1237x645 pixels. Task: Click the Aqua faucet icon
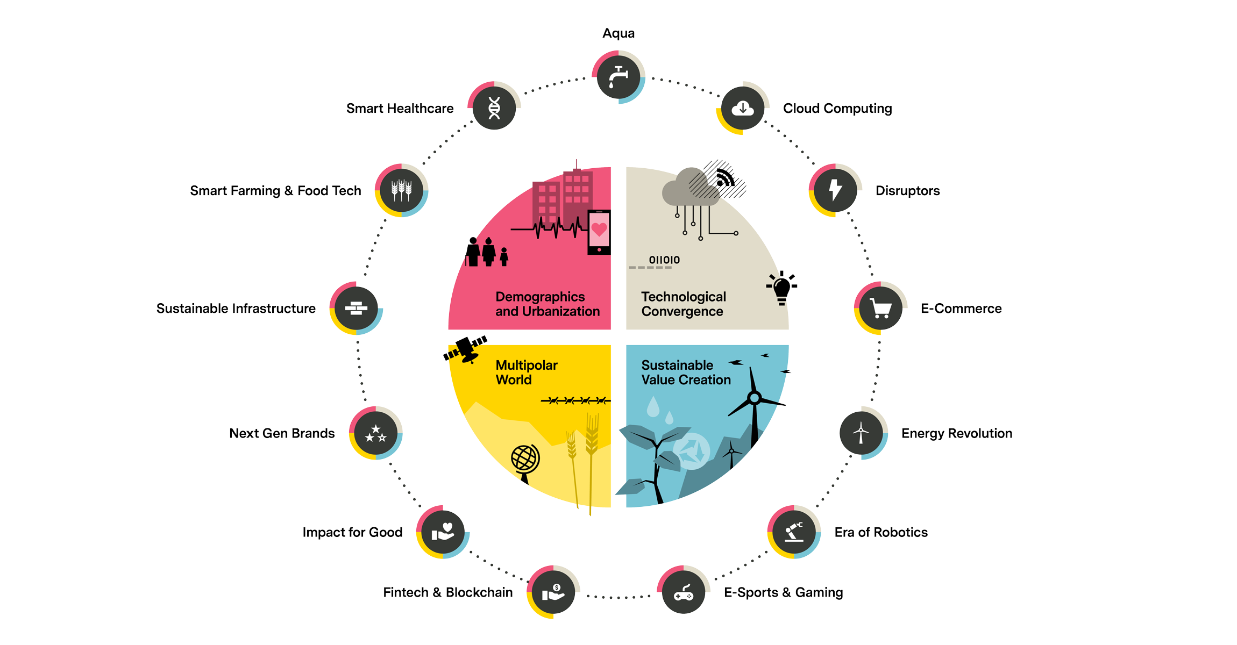click(x=618, y=77)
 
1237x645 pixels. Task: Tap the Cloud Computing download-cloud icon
click(x=743, y=108)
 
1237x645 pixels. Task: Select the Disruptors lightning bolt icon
click(x=835, y=190)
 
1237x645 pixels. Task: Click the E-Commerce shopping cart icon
click(x=881, y=308)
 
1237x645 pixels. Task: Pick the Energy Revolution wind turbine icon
click(x=861, y=433)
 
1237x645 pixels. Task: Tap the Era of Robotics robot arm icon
click(x=794, y=532)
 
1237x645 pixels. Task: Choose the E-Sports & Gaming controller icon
click(x=684, y=592)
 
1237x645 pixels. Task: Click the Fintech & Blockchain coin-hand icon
click(x=553, y=592)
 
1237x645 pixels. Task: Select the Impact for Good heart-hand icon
click(x=443, y=532)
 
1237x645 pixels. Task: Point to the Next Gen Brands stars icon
click(x=376, y=433)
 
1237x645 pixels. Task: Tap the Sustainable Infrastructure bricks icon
click(x=356, y=308)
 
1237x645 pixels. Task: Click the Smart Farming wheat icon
click(x=402, y=190)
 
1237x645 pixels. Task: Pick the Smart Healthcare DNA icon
click(x=494, y=108)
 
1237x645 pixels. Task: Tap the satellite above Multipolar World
click(x=466, y=350)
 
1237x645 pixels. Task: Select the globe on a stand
click(x=525, y=463)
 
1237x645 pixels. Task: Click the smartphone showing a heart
click(x=599, y=232)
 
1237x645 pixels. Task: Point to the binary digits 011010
click(x=664, y=260)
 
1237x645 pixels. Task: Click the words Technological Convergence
click(x=684, y=304)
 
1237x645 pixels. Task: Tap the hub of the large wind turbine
click(x=755, y=398)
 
